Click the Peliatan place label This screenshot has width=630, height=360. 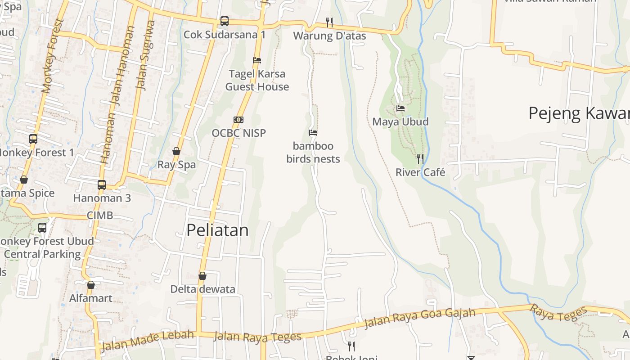pyautogui.click(x=217, y=230)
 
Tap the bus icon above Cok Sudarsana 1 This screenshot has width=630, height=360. pyautogui.click(x=225, y=21)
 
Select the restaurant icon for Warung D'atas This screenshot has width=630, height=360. pyautogui.click(x=329, y=22)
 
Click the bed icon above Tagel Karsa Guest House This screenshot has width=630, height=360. pyautogui.click(x=257, y=60)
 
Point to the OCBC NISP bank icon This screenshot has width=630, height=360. pyautogui.click(x=238, y=120)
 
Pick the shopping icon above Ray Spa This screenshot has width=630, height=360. pyautogui.click(x=176, y=151)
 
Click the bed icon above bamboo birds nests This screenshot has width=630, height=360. pyautogui.click(x=313, y=133)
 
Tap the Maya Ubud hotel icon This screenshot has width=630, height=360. pyautogui.click(x=400, y=108)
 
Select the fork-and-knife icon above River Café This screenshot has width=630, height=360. pyautogui.click(x=420, y=158)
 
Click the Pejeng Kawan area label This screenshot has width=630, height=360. pyautogui.click(x=579, y=113)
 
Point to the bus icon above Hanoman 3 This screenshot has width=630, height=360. pyautogui.click(x=102, y=184)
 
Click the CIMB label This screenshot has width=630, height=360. pyautogui.click(x=100, y=216)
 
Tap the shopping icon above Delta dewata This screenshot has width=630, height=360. pyautogui.click(x=202, y=276)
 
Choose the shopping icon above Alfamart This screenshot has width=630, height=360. pyautogui.click(x=91, y=285)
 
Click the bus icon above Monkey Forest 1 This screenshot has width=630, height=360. pyautogui.click(x=33, y=139)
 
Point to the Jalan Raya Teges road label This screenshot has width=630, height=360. pyautogui.click(x=257, y=337)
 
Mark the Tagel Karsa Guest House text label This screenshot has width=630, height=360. pyautogui.click(x=257, y=80)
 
